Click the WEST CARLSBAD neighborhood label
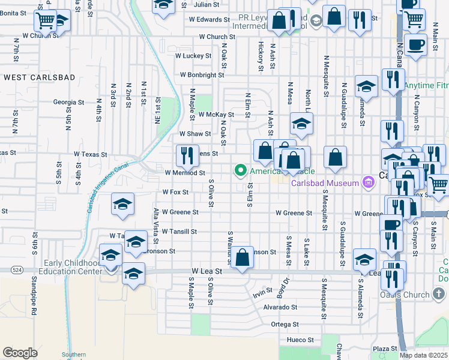[x=39, y=77]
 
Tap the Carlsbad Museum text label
[x=325, y=183]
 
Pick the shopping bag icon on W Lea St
[x=242, y=259]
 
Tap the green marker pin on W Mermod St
[x=241, y=171]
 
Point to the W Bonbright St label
[x=202, y=76]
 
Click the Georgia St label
[x=68, y=103]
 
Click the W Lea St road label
[x=207, y=271]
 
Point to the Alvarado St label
[x=280, y=307]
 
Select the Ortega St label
[x=285, y=324]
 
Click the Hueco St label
[x=302, y=340]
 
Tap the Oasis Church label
[x=424, y=295]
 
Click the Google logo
[x=20, y=353]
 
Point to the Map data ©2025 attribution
[x=423, y=355]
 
